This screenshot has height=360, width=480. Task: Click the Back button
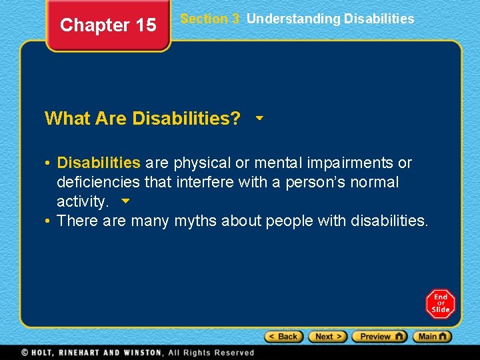(x=284, y=337)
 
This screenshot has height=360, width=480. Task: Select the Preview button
(x=379, y=337)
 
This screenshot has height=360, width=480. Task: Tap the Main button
(x=432, y=337)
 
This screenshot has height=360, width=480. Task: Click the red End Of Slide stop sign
(x=440, y=304)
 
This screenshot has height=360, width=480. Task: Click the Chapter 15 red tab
(x=108, y=25)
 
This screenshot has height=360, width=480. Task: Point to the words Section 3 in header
(x=209, y=19)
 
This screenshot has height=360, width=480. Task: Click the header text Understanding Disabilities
(x=330, y=19)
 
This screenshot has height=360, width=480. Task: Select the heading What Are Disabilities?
(x=143, y=119)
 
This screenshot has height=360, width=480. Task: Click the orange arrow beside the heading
(x=259, y=118)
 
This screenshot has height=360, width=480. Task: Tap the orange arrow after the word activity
(x=123, y=200)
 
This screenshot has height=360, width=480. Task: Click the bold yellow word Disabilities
(x=99, y=163)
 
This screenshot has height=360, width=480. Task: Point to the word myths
(x=195, y=221)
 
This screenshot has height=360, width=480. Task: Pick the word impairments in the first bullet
(x=349, y=163)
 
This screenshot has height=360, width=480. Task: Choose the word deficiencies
(x=99, y=182)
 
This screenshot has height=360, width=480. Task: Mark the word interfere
(x=204, y=182)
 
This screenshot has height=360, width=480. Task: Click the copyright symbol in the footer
(x=25, y=352)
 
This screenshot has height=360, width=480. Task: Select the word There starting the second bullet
(x=78, y=221)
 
